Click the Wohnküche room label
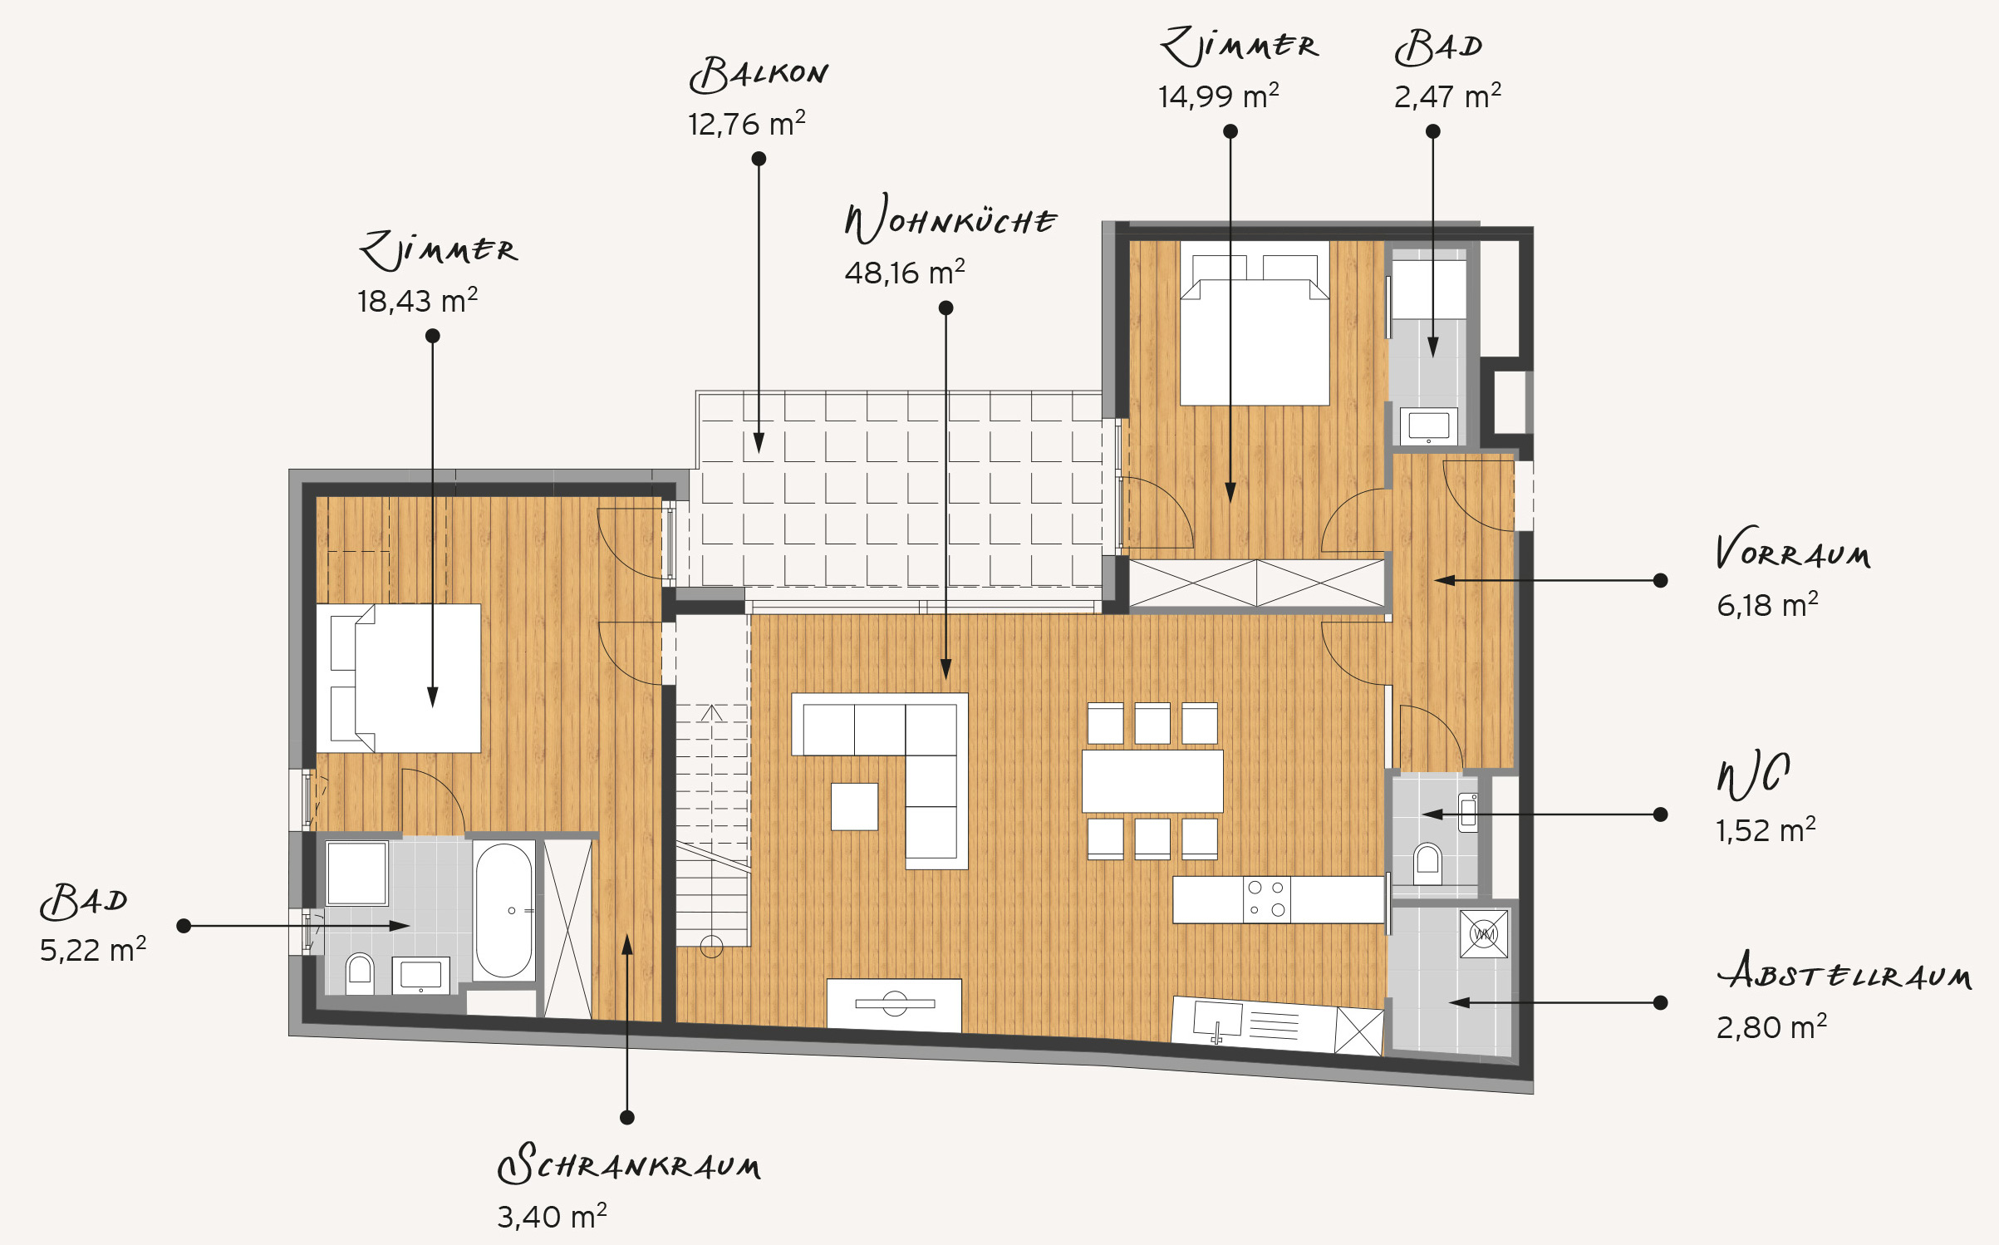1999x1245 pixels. (950, 219)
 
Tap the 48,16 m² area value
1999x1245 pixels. (905, 273)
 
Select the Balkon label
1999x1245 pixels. (759, 75)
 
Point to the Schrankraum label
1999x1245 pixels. (629, 1164)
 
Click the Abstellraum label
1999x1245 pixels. (1844, 971)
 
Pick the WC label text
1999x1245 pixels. (1754, 775)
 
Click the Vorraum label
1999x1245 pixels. (1793, 549)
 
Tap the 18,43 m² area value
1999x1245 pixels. (417, 301)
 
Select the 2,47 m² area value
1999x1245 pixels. (1447, 96)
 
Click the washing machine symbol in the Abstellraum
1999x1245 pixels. (1484, 934)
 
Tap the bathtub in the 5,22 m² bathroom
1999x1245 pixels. (503, 911)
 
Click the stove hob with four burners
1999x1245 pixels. (1267, 899)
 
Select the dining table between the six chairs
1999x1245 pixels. (1152, 781)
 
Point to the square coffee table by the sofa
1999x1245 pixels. (854, 806)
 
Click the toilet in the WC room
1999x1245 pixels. (1427, 864)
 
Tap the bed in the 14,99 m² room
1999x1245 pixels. (1255, 323)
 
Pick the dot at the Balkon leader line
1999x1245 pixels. (759, 159)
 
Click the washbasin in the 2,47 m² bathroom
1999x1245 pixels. (1429, 426)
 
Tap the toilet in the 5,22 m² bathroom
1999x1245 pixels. (360, 973)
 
